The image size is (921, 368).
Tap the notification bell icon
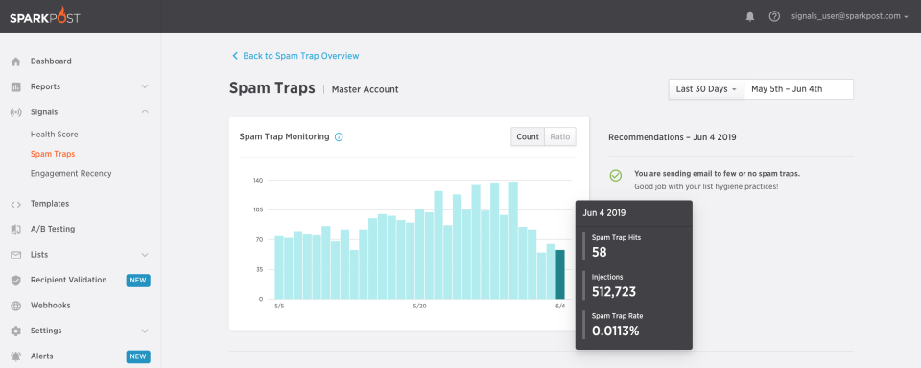coord(750,16)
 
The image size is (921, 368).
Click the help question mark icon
coord(774,16)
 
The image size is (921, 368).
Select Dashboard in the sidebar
coord(51,61)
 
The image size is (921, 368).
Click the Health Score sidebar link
coord(54,135)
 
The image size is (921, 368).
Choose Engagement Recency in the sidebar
coord(71,174)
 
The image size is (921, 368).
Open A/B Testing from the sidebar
coord(53,229)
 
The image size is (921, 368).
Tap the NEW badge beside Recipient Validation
coord(138,281)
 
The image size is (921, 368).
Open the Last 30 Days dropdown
coord(706,89)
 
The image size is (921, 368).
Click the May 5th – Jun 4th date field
coord(798,89)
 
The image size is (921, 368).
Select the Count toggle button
coord(528,136)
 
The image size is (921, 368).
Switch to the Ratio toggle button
coord(559,136)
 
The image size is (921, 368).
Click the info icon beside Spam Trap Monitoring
coord(339,137)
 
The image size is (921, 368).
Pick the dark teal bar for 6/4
coord(560,275)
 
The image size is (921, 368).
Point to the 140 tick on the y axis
coord(258,181)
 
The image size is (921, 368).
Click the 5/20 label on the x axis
coord(419,307)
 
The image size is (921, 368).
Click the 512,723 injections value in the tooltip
coord(614,291)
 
